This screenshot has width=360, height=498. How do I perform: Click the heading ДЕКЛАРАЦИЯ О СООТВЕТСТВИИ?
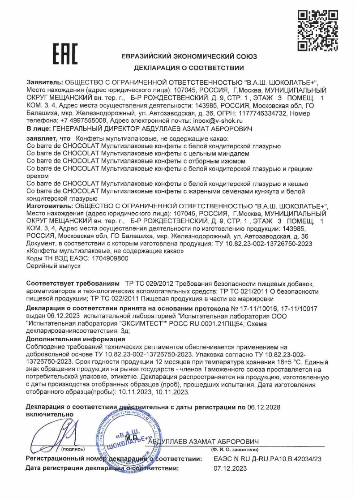[x=189, y=69]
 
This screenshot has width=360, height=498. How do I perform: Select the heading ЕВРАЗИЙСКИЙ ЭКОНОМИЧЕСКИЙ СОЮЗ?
[x=189, y=56]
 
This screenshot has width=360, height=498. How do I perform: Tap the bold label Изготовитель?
[x=50, y=206]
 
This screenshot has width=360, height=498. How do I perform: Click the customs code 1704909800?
[x=110, y=258]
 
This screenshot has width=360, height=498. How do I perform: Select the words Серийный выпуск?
[x=53, y=266]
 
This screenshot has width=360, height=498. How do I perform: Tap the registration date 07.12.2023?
[x=230, y=468]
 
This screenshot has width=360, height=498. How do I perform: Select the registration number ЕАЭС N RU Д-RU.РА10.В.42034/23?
[x=267, y=459]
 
